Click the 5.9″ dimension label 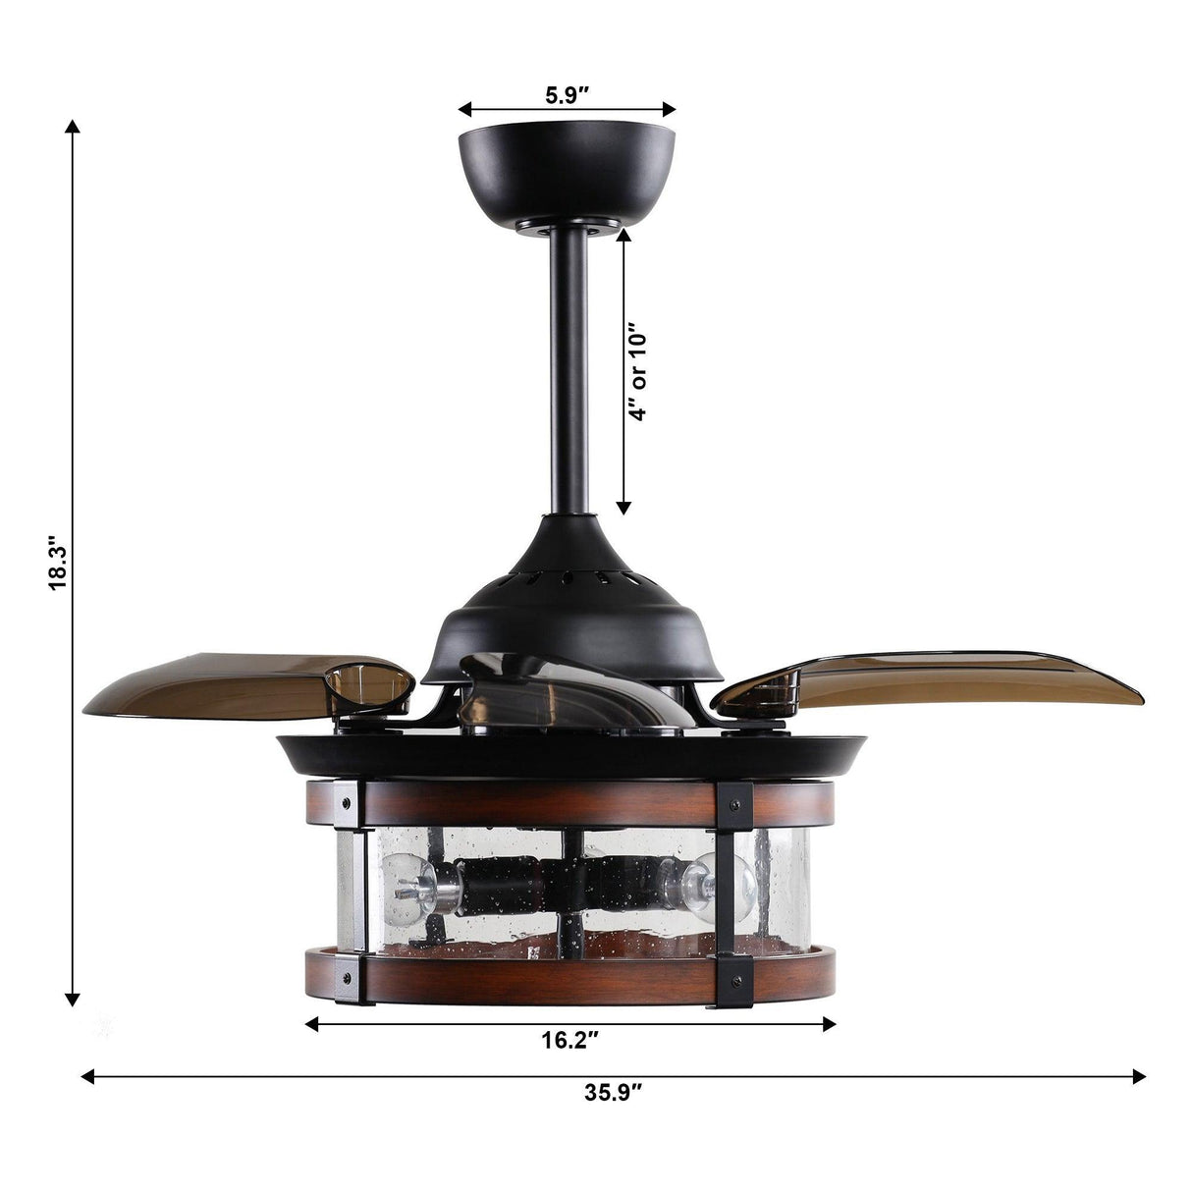click(x=567, y=95)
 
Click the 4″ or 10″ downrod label click(x=639, y=370)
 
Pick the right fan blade click(x=943, y=677)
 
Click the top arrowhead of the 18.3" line click(x=71, y=128)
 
